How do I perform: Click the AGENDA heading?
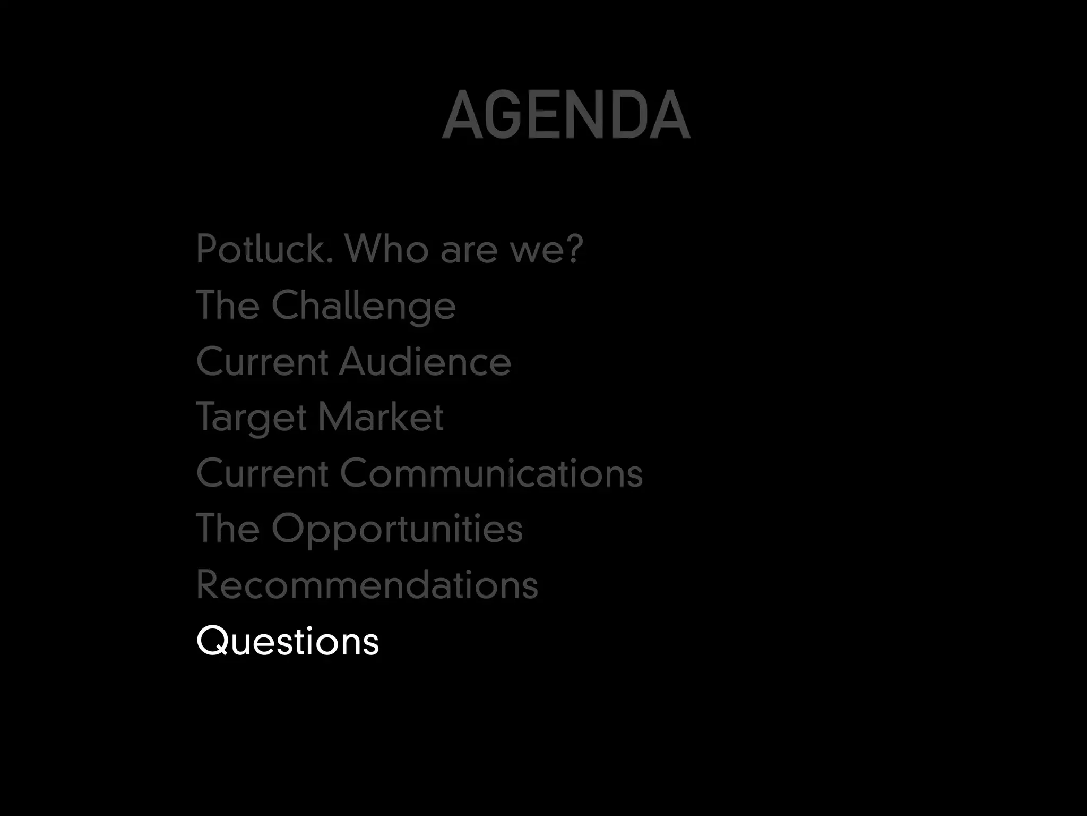tap(566, 115)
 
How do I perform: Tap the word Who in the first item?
tap(386, 249)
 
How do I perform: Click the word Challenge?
tap(364, 306)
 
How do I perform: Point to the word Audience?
tap(425, 362)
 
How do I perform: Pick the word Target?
tap(252, 418)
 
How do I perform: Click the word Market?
tap(381, 417)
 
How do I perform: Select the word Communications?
tap(491, 473)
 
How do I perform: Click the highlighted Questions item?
tap(288, 641)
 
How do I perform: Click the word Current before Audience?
tap(262, 362)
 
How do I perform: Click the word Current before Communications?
tap(262, 473)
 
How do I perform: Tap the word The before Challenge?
tap(228, 305)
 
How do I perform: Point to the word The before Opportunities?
tap(228, 529)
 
